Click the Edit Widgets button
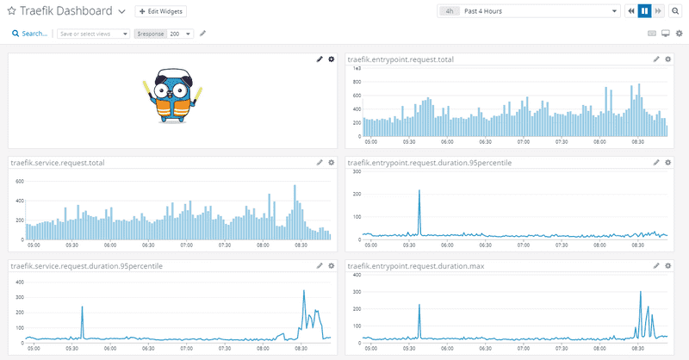point(160,11)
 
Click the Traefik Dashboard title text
point(65,11)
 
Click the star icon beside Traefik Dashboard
point(11,11)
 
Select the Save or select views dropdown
point(93,34)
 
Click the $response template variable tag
point(150,34)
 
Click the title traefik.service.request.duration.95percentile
point(86,265)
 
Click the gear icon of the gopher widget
point(332,59)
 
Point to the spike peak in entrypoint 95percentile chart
point(419,190)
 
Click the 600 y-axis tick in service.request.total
point(18,182)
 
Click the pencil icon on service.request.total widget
point(320,162)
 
